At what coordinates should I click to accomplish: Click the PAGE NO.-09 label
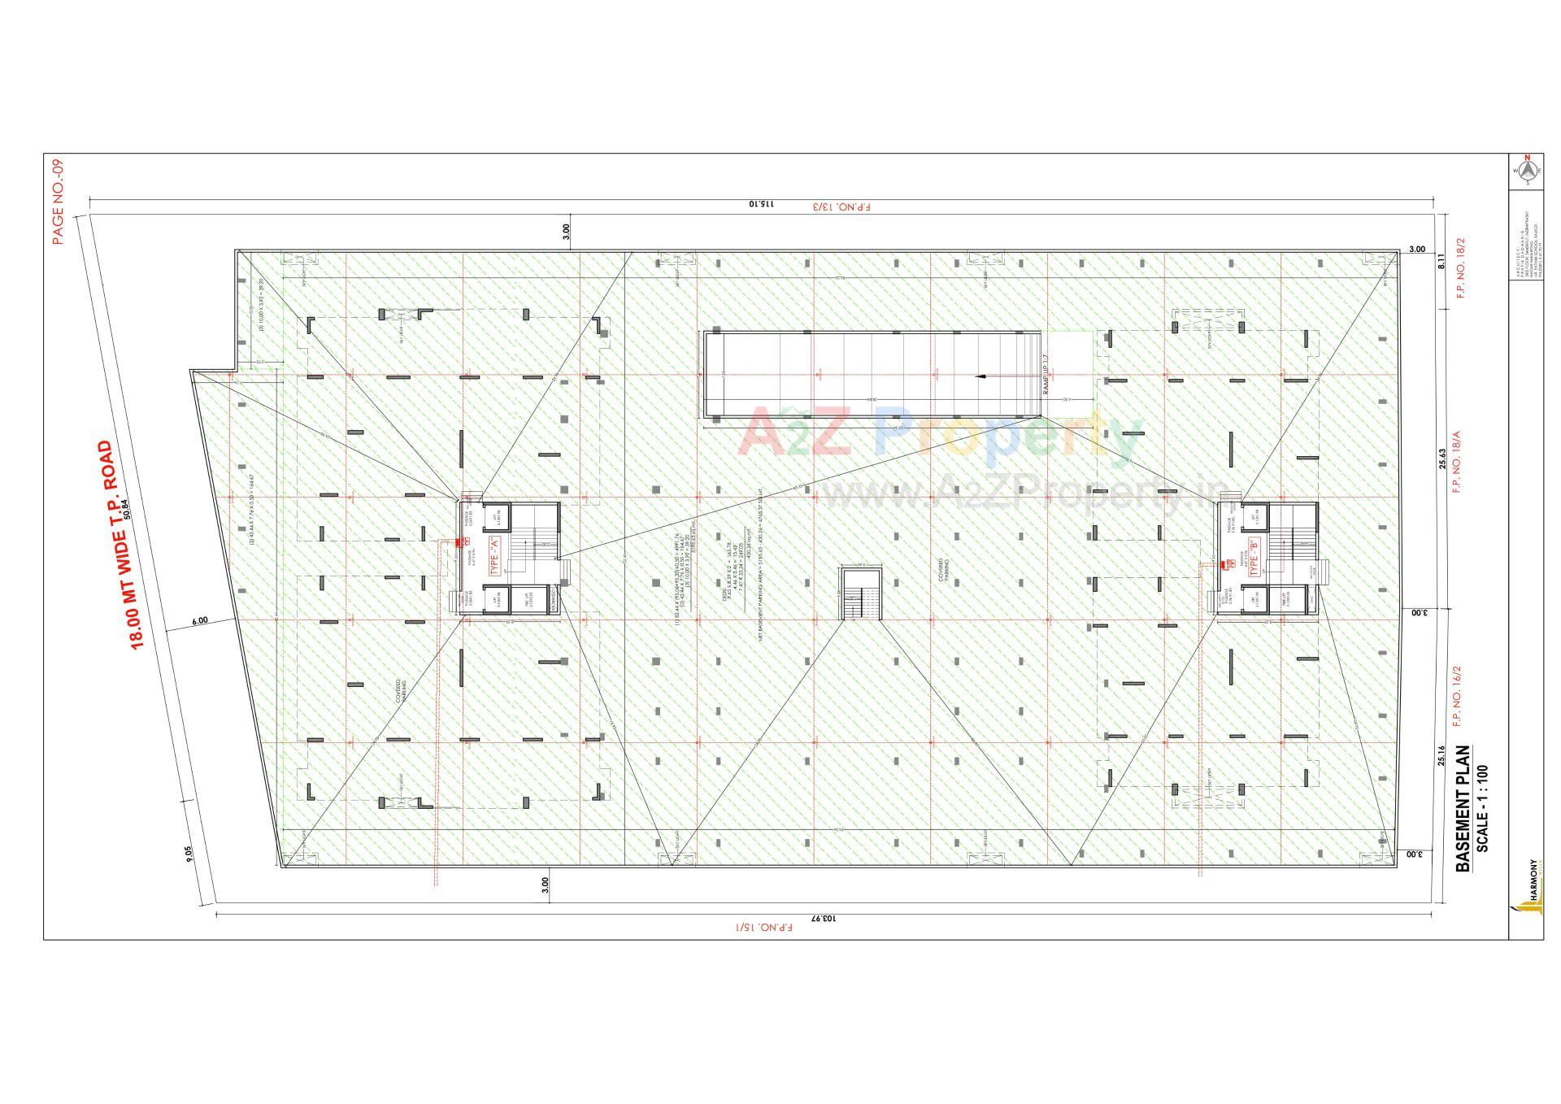point(57,202)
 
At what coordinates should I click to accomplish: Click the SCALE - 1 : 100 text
point(1482,808)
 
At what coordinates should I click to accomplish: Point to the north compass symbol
point(1527,170)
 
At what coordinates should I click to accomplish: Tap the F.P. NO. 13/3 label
point(841,206)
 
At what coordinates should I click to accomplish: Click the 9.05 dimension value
point(189,853)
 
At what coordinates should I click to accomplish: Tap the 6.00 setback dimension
point(200,621)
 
